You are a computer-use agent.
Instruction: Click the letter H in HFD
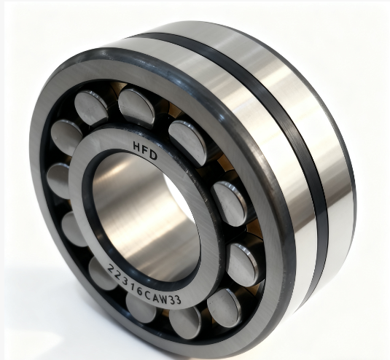click(x=137, y=146)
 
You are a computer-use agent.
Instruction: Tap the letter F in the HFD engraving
click(x=146, y=150)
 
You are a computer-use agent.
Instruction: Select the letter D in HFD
click(x=154, y=155)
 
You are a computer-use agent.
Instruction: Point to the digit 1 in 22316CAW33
click(x=133, y=286)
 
